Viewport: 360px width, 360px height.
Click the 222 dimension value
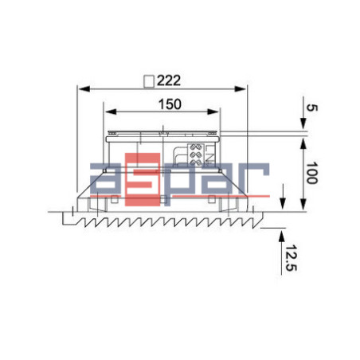(x=169, y=80)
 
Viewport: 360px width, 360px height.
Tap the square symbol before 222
(x=147, y=80)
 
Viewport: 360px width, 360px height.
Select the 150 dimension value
(x=169, y=104)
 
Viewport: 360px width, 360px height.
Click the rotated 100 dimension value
(x=311, y=174)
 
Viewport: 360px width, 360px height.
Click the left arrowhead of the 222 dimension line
(x=80, y=88)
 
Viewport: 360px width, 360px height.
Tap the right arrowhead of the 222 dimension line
(x=245, y=88)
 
